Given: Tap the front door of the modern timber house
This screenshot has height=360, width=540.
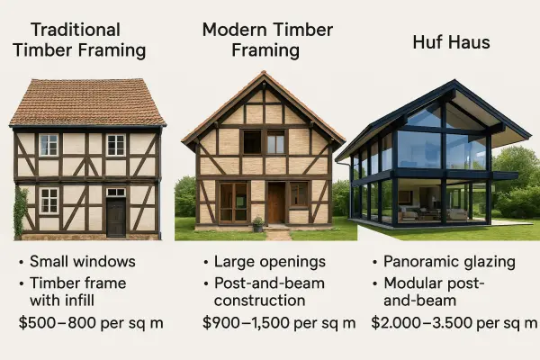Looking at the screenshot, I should point(275,203).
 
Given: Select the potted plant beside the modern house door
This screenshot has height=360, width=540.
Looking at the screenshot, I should point(258,222).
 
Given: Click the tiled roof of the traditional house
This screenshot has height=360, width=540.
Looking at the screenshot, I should point(86,103).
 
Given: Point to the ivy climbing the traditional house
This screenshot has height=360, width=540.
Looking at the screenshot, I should point(21,212).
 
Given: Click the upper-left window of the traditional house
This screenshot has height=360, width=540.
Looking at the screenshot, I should point(49,145).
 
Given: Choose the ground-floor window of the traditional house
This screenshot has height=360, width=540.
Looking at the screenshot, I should point(49,200).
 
